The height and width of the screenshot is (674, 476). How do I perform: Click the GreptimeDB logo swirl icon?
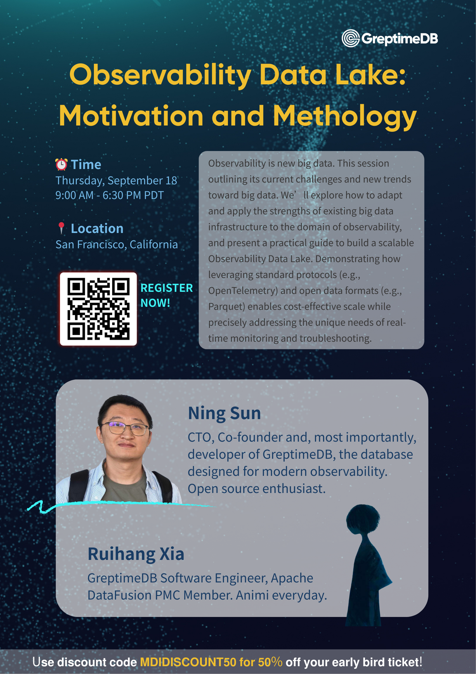coord(350,38)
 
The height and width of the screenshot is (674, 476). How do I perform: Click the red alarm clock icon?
coord(61,165)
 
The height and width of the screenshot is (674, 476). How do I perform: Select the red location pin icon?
coord(61,228)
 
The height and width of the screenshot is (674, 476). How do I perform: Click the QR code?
coord(98,309)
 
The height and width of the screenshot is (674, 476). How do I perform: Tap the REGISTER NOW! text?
coord(166,295)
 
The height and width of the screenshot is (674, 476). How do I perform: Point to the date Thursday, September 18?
coord(116,180)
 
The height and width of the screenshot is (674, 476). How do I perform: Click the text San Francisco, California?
coord(117,244)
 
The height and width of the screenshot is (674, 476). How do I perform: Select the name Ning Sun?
coord(224,413)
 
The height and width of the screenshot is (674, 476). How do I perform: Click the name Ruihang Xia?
coord(136,554)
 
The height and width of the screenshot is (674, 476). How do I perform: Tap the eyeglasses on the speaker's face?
coord(124,428)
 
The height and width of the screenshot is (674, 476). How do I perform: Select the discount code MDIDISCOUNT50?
coord(188,662)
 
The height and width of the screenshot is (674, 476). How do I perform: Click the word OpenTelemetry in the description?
coord(243,291)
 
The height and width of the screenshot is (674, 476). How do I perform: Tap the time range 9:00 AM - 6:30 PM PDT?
coord(109,195)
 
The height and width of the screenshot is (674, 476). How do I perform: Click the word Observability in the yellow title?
coord(160,75)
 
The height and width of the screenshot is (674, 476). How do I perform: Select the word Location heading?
coord(97,228)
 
